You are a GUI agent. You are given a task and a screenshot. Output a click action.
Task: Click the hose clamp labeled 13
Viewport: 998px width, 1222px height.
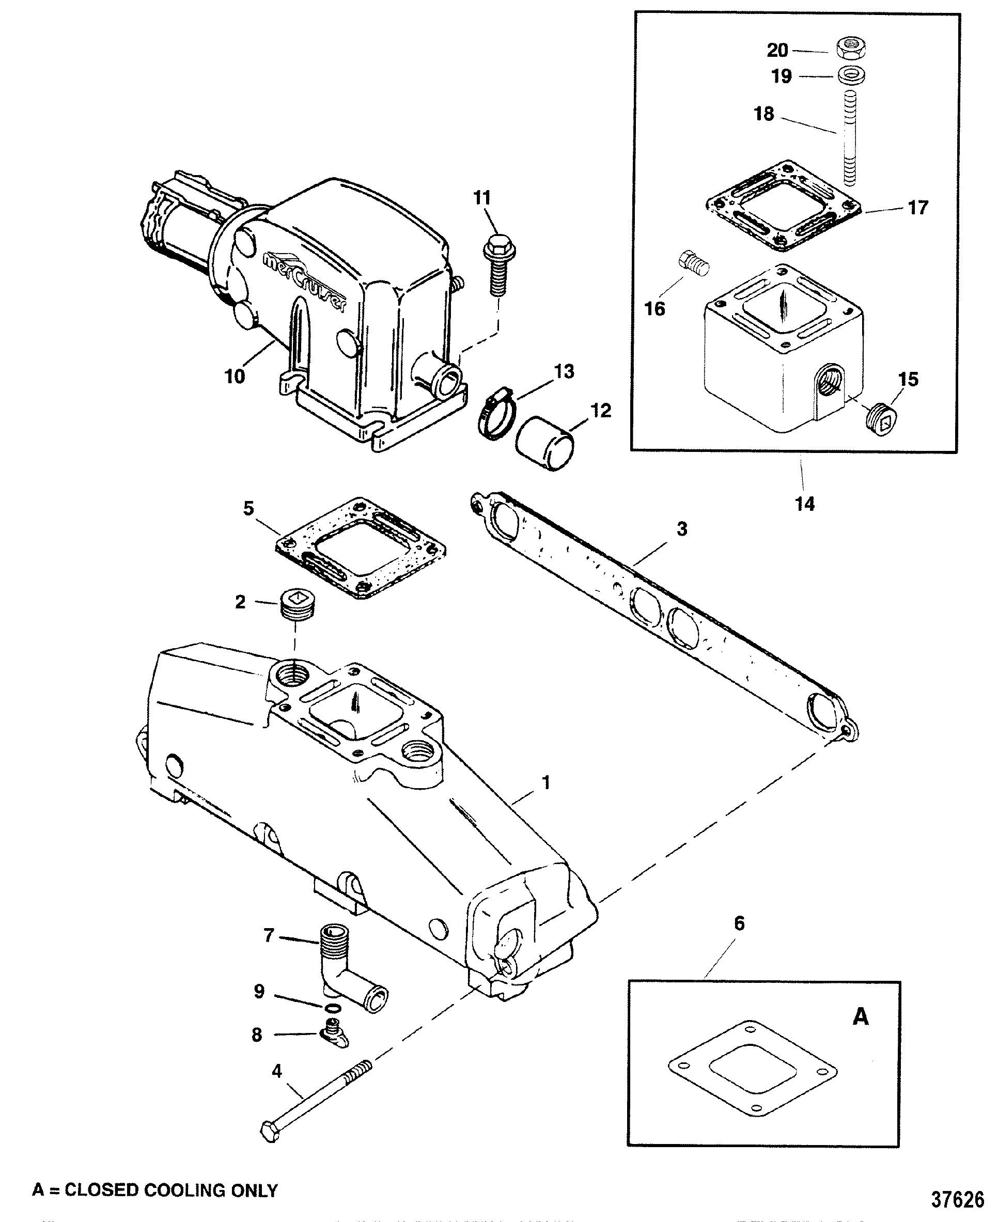[x=497, y=412]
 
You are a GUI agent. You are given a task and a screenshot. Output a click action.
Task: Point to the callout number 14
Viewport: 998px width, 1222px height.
[x=804, y=504]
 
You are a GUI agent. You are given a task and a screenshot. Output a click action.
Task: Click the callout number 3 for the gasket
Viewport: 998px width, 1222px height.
[x=682, y=528]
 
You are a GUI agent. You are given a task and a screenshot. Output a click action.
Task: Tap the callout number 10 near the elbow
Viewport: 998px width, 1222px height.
[x=235, y=377]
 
